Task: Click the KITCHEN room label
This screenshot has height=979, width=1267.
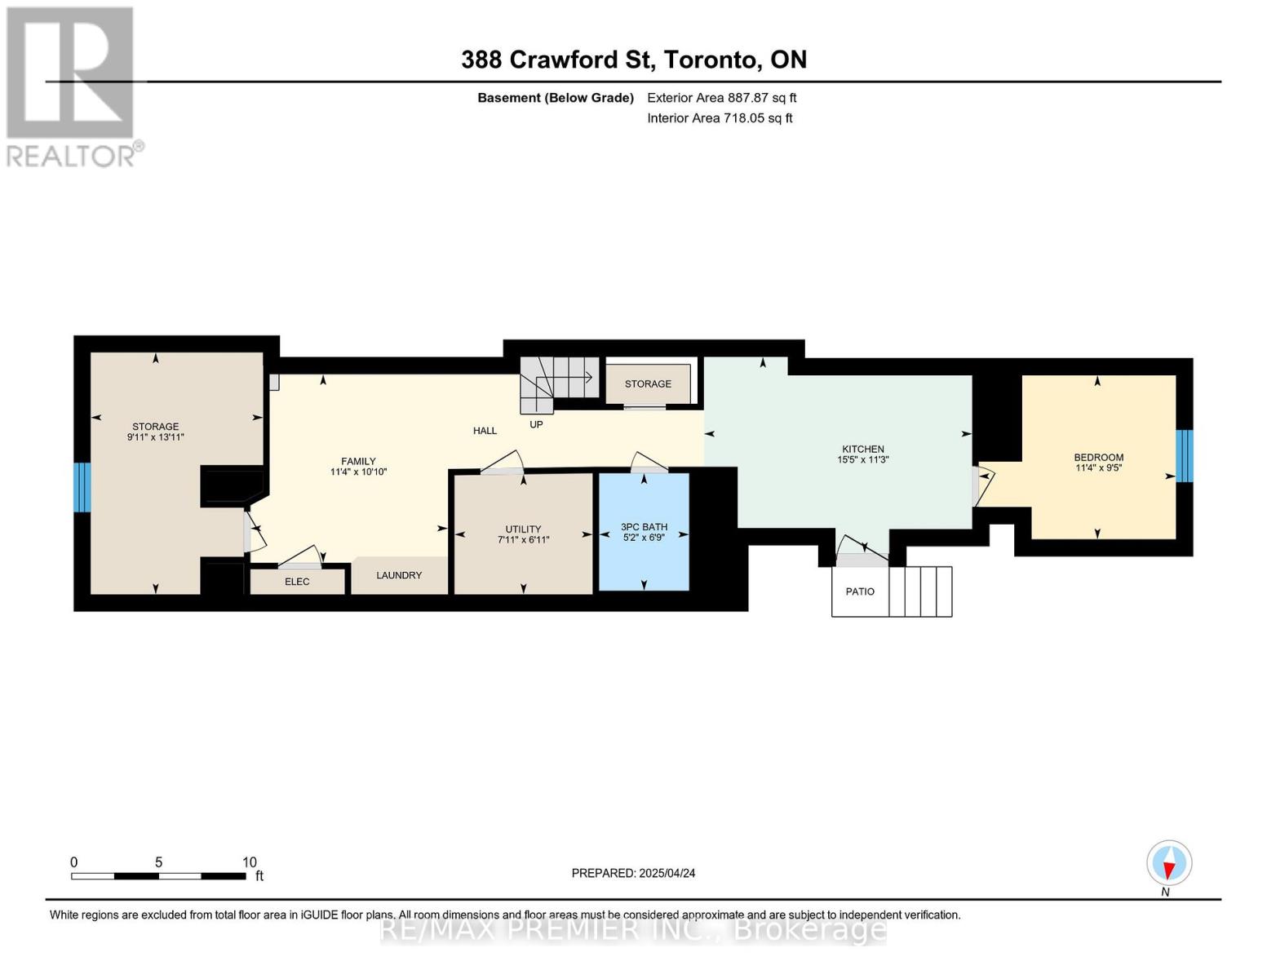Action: pos(862,449)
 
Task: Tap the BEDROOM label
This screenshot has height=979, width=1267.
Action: pos(1098,457)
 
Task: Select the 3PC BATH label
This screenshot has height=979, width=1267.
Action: pos(644,526)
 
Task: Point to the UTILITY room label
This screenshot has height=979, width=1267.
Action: pos(523,529)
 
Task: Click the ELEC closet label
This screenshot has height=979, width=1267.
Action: pos(297,582)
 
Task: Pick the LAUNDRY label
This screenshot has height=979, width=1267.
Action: pos(399,575)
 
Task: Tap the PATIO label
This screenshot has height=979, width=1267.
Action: pos(860,591)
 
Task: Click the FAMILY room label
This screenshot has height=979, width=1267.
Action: pos(359,461)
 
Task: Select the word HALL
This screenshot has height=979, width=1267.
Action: pos(485,431)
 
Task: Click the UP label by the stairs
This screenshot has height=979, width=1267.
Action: pos(536,424)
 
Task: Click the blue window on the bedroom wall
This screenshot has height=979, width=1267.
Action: pos(1185,456)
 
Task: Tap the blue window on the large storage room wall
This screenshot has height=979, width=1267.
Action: pos(82,487)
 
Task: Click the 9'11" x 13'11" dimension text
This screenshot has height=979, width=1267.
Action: pos(156,436)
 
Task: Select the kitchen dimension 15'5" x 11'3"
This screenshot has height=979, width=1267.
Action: pos(862,459)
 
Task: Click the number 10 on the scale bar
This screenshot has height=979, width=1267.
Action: pos(250,862)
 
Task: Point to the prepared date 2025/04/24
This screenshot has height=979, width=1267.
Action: pos(667,873)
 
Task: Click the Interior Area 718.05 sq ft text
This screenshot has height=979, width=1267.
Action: pos(720,117)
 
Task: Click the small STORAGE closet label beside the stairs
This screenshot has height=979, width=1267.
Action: pos(648,383)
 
